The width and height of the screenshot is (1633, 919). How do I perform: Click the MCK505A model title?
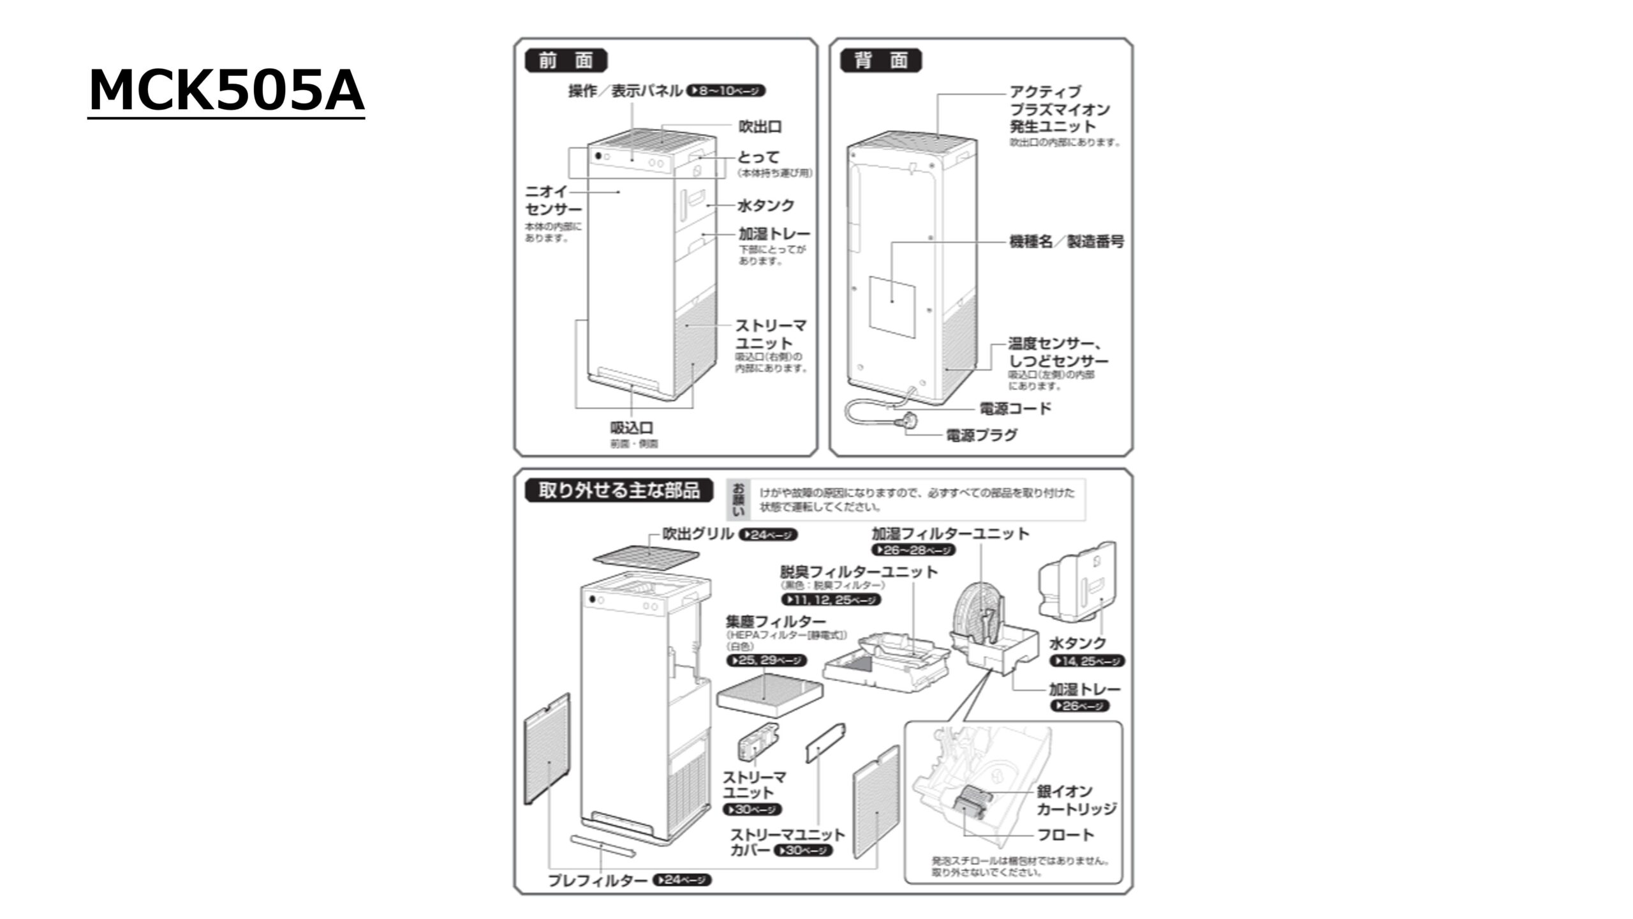point(226,91)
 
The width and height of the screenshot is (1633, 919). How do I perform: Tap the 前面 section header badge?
point(566,61)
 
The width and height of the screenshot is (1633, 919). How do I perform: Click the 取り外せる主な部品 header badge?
point(618,490)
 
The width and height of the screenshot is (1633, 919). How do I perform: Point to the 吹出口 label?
point(760,126)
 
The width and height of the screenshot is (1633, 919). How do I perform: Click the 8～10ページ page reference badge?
point(726,91)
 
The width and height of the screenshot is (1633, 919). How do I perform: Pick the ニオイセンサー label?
point(552,200)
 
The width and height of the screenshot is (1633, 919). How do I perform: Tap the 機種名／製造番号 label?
point(1066,242)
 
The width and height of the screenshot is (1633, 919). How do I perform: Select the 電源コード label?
point(1015,408)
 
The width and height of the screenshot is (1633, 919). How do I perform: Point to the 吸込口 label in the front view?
point(632,428)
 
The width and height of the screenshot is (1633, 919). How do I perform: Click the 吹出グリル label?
point(697,534)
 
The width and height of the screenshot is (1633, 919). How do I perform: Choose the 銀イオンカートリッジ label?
point(1076,800)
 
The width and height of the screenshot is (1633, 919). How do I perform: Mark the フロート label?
point(1065,835)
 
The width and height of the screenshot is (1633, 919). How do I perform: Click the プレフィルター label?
point(598,881)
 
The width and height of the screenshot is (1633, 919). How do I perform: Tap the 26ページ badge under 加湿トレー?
point(1079,706)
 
